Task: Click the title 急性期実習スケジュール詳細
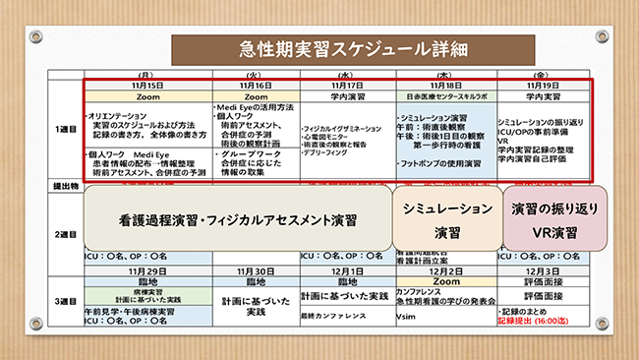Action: pos(320,47)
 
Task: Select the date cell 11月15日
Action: pos(148,86)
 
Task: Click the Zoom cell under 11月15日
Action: pos(148,97)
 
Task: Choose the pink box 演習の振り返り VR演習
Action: pos(552,220)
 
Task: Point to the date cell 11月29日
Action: pos(148,270)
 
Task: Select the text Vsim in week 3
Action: pos(407,320)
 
